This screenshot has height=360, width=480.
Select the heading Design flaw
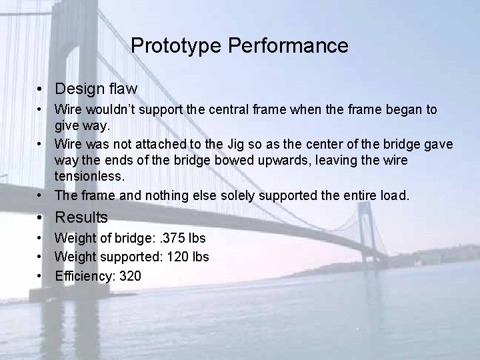(x=96, y=89)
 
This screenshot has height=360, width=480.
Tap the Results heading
(x=81, y=217)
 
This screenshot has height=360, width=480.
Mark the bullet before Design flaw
(x=41, y=89)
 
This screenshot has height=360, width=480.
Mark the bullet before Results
(x=41, y=217)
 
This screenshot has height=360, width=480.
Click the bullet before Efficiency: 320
(x=41, y=275)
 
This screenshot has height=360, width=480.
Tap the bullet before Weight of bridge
(x=41, y=238)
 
